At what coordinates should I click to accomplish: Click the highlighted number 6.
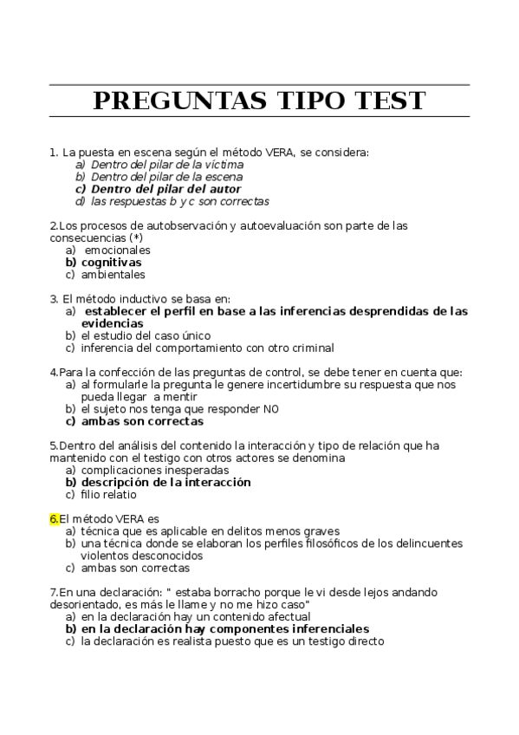54,518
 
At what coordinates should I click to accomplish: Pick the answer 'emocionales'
117,250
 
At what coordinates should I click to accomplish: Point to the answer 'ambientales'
113,275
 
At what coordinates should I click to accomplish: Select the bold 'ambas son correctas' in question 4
142,421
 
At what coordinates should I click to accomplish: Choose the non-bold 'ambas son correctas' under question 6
134,569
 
